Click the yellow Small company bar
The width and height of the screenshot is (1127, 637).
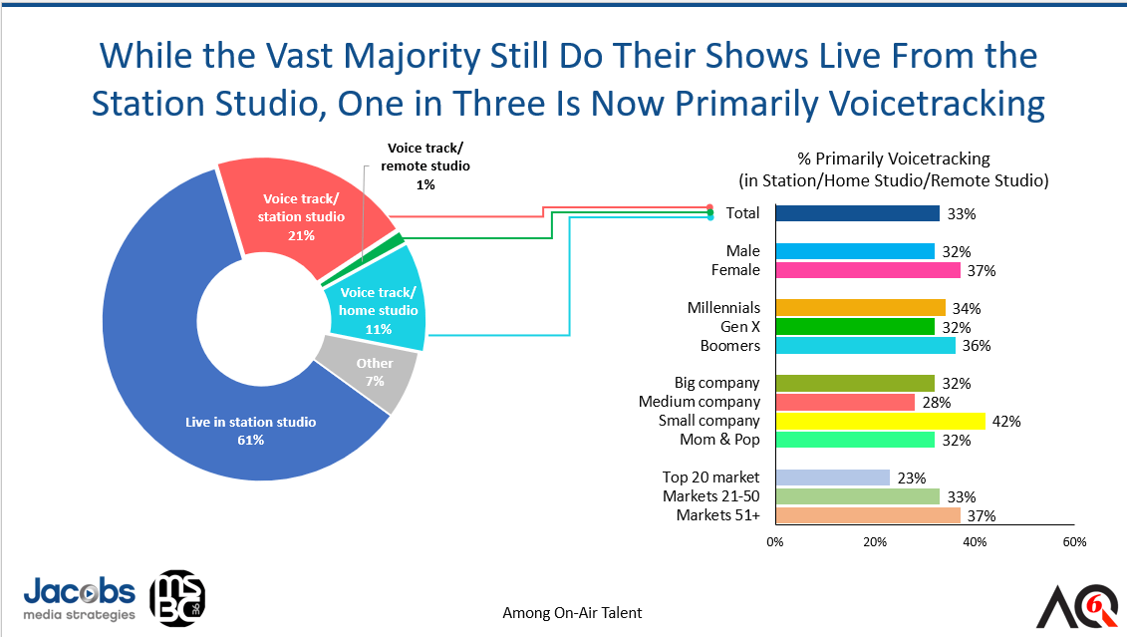coord(880,421)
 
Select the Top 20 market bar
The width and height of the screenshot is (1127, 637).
coord(832,478)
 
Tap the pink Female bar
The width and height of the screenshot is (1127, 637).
coord(867,270)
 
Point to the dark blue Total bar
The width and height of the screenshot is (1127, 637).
coord(857,213)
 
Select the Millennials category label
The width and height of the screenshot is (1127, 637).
coord(723,308)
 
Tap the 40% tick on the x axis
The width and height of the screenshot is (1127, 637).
coord(975,542)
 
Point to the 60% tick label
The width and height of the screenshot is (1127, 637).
coord(1073,542)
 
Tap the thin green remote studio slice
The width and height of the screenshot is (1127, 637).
coord(399,239)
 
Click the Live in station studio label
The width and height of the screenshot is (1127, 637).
coord(251,423)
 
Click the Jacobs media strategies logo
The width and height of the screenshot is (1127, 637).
coord(80,598)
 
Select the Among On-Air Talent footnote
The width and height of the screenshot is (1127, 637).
coord(572,613)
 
